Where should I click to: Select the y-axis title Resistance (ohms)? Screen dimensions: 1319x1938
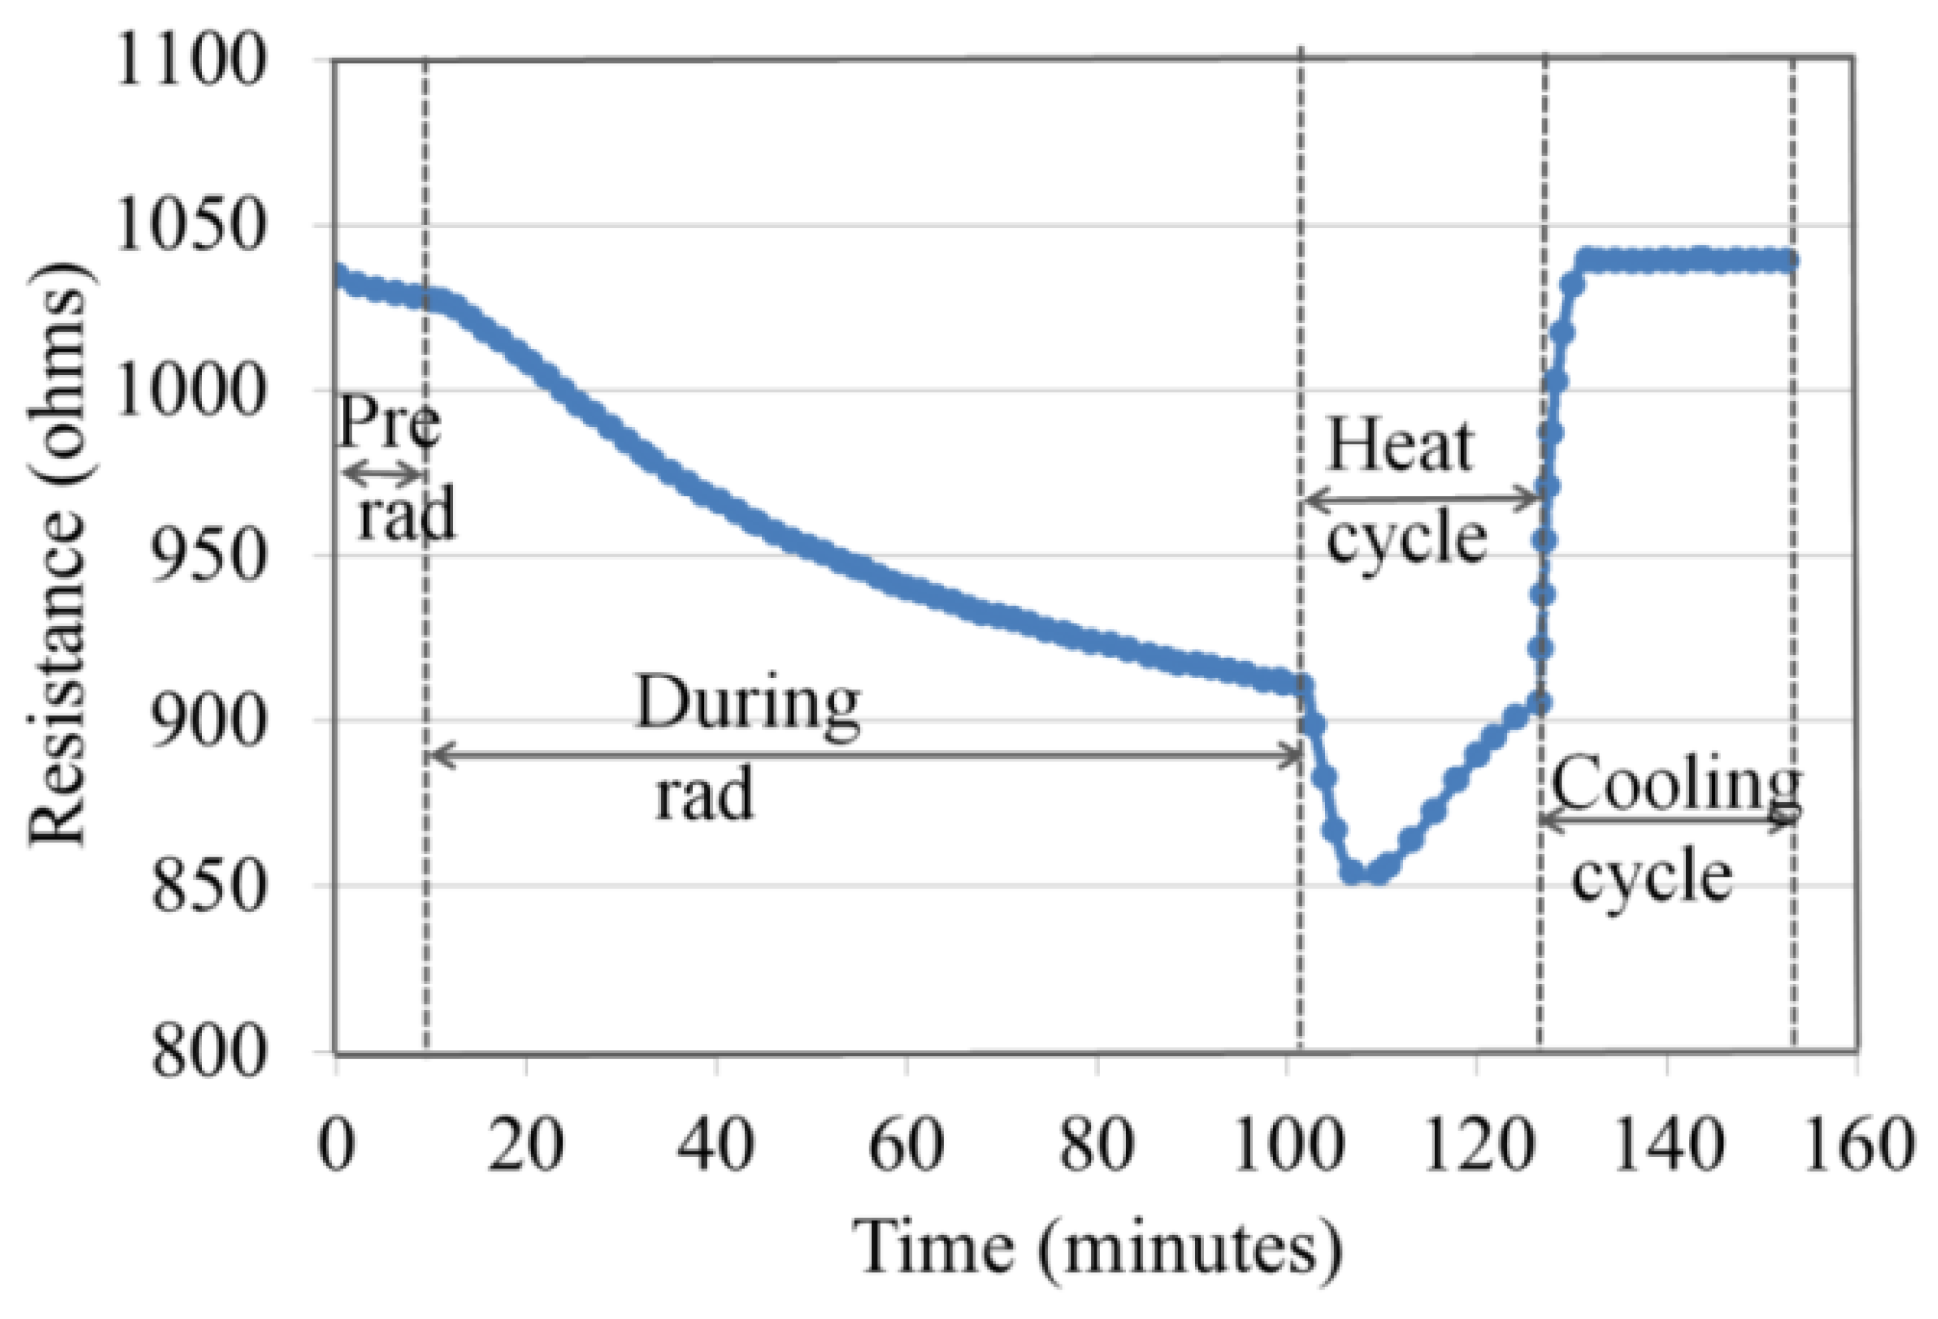point(59,554)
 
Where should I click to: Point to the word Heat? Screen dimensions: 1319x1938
point(1400,446)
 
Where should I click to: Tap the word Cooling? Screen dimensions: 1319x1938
point(1674,783)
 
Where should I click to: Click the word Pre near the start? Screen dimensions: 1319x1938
point(388,422)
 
